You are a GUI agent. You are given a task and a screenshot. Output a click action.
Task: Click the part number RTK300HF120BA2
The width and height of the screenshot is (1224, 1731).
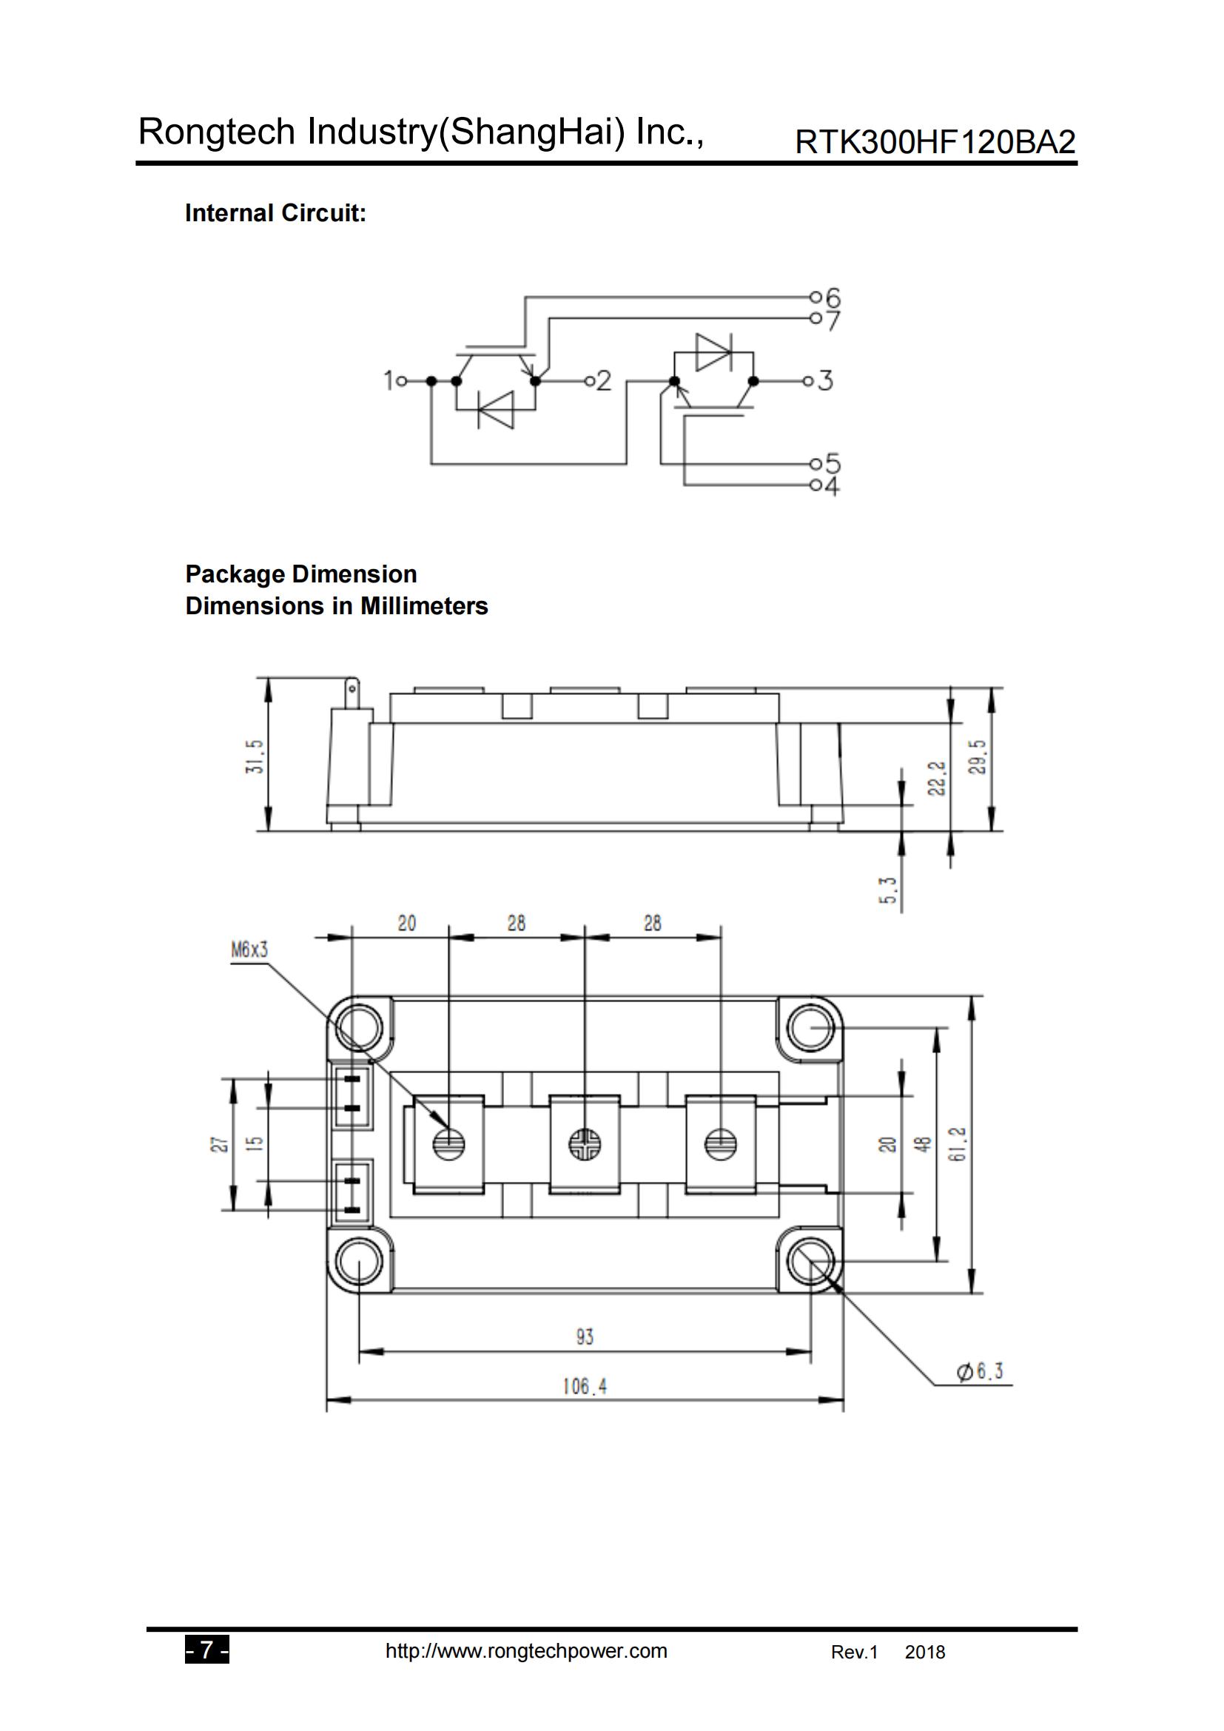(x=935, y=142)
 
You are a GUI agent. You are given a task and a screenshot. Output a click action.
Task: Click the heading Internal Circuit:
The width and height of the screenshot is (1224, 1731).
(x=275, y=213)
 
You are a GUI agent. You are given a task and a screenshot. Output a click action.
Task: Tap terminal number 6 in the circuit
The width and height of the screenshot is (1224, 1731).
(x=832, y=297)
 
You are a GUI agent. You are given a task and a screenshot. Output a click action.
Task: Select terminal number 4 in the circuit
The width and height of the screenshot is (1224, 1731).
(x=831, y=487)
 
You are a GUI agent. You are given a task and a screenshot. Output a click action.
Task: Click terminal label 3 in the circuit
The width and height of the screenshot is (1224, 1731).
(x=825, y=380)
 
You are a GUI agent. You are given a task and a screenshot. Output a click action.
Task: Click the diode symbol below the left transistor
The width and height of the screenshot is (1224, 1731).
(x=495, y=409)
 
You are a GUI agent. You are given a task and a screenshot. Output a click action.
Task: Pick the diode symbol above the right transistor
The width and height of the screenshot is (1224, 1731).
(x=713, y=352)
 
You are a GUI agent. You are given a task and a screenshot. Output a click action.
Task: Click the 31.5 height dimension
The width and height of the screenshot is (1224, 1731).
(x=257, y=756)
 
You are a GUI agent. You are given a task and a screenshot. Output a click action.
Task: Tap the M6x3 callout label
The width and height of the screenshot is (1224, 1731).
(x=249, y=950)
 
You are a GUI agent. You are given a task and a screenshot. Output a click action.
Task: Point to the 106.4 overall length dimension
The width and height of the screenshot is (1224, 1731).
(x=584, y=1385)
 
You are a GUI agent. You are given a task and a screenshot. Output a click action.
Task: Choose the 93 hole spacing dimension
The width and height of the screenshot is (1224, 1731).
(x=584, y=1336)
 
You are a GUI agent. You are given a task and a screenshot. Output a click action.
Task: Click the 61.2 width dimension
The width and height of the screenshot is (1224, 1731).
(x=958, y=1143)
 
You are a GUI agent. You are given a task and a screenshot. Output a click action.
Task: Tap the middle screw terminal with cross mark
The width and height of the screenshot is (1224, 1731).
(x=585, y=1144)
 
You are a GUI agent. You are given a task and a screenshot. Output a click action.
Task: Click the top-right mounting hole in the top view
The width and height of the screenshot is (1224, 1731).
(x=810, y=1028)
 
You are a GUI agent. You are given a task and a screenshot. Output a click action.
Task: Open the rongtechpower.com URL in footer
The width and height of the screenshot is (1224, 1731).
(x=526, y=1650)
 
